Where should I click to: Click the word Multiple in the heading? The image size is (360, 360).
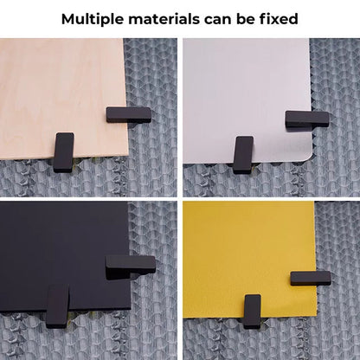[x=96, y=18]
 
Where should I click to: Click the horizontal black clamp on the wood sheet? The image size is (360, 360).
[x=128, y=114]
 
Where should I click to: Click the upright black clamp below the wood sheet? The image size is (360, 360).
[x=63, y=151]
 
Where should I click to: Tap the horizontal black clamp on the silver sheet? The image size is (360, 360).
[x=307, y=119]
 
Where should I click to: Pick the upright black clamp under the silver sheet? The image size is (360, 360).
[x=243, y=153]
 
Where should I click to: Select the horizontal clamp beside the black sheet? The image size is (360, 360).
[x=131, y=266]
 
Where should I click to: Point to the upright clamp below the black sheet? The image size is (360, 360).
[x=58, y=305]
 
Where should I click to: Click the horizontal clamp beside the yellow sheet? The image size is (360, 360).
[x=311, y=278]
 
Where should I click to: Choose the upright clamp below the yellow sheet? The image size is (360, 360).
[x=252, y=311]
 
